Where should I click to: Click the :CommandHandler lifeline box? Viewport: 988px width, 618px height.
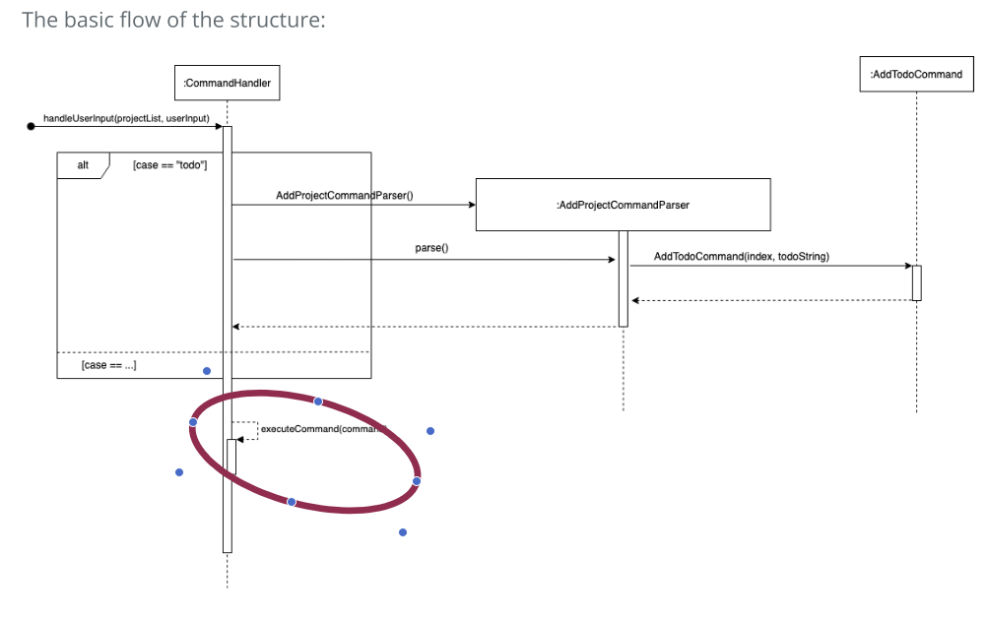pyautogui.click(x=227, y=84)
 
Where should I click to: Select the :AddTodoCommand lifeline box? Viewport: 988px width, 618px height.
pyautogui.click(x=916, y=75)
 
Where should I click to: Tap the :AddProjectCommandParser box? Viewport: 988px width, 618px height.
pyautogui.click(x=623, y=205)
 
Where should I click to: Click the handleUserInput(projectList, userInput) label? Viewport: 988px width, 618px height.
pyautogui.click(x=126, y=118)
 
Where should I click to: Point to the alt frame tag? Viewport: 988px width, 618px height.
pyautogui.click(x=83, y=164)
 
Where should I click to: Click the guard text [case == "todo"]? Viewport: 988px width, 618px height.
pyautogui.click(x=169, y=164)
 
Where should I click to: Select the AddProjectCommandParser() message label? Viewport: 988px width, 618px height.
pyautogui.click(x=344, y=196)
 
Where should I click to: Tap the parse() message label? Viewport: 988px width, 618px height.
pyautogui.click(x=431, y=248)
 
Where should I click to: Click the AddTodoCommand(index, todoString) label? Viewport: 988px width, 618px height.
pyautogui.click(x=741, y=257)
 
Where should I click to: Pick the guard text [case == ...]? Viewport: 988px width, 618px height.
pyautogui.click(x=109, y=365)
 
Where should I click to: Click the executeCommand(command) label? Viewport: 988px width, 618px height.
pyautogui.click(x=323, y=429)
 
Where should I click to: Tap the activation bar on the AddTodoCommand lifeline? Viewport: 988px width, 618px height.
pyautogui.click(x=916, y=282)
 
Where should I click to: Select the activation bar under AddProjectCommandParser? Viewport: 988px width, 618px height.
pyautogui.click(x=623, y=278)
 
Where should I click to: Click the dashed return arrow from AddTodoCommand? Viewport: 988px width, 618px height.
pyautogui.click(x=773, y=300)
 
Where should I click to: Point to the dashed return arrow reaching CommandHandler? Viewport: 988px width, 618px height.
pyautogui.click(x=424, y=327)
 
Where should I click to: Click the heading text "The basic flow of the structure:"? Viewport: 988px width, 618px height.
pyautogui.click(x=173, y=20)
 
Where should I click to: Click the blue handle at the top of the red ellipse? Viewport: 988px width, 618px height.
pyautogui.click(x=318, y=402)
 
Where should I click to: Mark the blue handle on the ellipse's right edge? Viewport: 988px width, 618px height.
pyautogui.click(x=417, y=481)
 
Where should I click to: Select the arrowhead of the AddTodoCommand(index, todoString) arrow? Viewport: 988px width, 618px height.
pyautogui.click(x=907, y=266)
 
